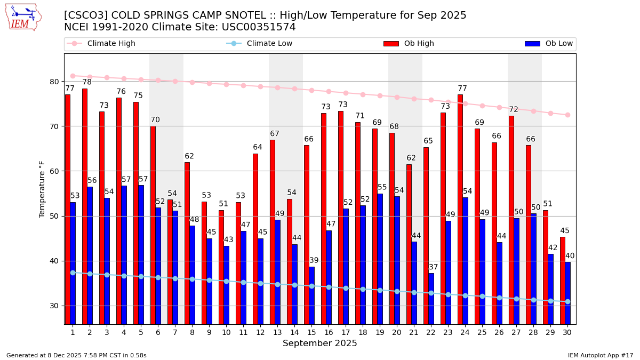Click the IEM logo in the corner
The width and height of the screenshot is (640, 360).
23,17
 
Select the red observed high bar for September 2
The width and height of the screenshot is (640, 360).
85,206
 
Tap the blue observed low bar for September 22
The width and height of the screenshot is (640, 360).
431,299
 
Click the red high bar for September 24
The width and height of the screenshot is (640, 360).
460,209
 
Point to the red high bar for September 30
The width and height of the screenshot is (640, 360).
563,281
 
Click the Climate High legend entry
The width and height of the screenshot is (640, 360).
101,44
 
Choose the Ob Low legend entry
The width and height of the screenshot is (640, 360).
549,44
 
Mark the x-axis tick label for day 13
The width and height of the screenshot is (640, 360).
277,332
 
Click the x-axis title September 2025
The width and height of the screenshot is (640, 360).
320,343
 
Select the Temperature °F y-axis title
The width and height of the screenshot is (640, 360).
43,189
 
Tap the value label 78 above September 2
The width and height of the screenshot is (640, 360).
87,82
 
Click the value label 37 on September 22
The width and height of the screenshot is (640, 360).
434,267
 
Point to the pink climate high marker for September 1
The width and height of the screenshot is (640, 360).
73,76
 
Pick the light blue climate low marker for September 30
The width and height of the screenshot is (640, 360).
567,301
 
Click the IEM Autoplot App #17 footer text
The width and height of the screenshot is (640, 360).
601,355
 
